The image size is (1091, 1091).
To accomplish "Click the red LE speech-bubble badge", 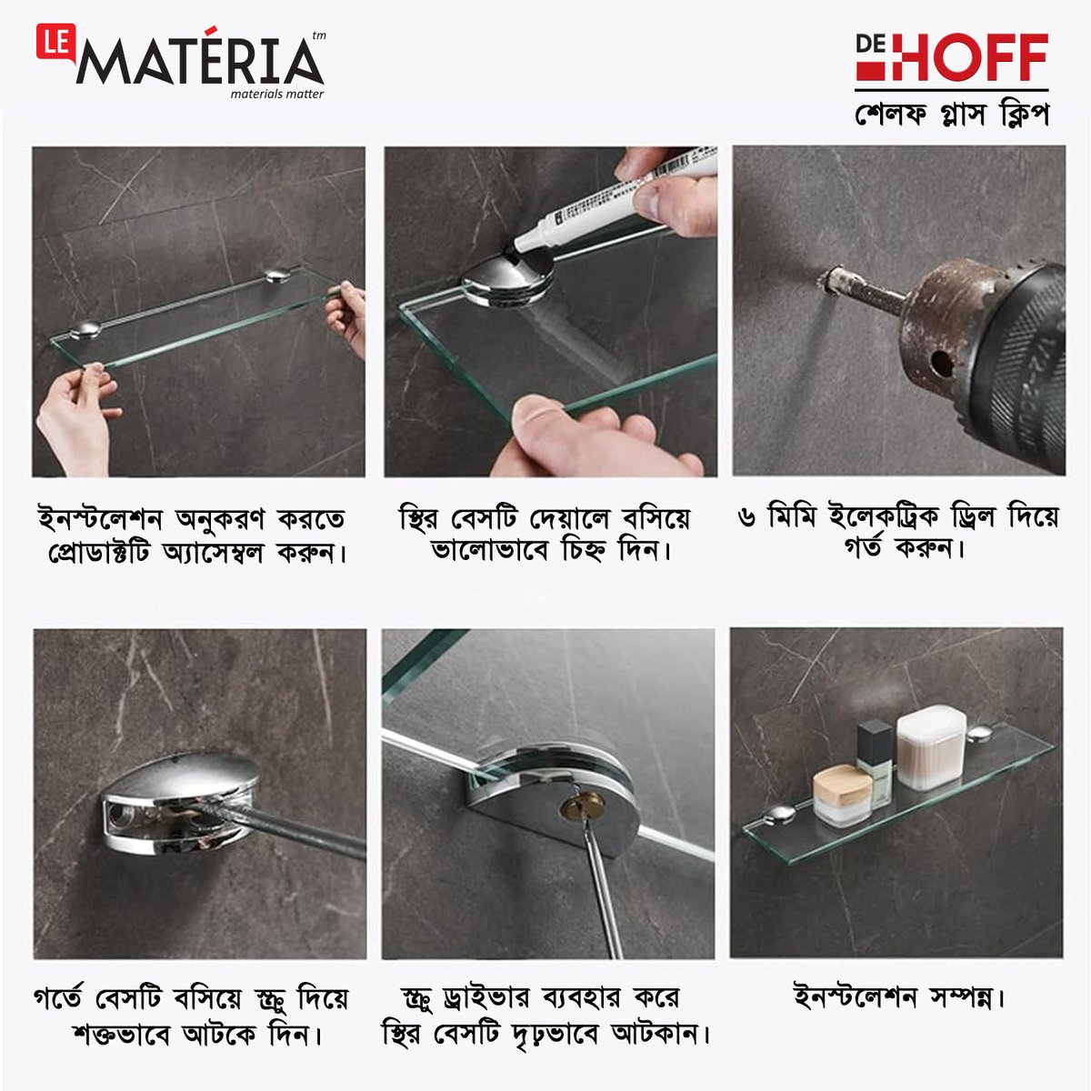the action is coord(55,42).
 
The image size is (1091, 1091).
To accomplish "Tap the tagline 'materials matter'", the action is coord(277,94).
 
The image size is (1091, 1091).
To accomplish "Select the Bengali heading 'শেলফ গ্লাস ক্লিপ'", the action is coord(952,115).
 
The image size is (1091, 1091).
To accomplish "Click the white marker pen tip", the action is coord(521,247).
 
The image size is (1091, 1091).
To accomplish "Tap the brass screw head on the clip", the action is coord(582,806).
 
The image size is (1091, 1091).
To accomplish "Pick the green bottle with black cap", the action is coord(875,763).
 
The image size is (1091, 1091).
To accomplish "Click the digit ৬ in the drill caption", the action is coord(747,517).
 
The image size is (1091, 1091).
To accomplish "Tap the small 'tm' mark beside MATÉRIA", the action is coord(319,35).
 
